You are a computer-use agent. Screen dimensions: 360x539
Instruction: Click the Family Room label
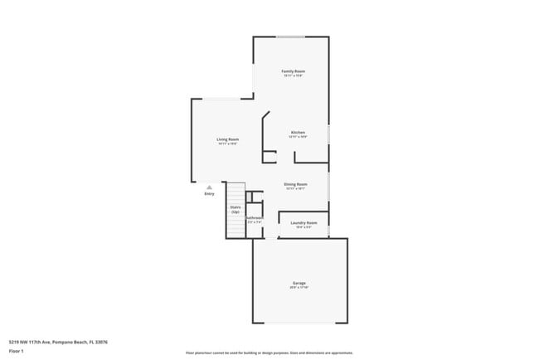(293, 71)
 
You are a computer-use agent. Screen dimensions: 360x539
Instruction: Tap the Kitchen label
(299, 133)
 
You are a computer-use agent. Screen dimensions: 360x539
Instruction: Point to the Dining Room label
(296, 184)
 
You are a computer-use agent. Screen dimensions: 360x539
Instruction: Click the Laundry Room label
(301, 222)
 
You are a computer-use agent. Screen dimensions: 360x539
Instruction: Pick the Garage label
(299, 283)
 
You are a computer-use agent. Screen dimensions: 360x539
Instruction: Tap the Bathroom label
(254, 217)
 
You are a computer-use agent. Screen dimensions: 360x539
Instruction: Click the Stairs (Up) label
(236, 210)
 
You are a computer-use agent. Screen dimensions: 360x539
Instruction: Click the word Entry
(209, 193)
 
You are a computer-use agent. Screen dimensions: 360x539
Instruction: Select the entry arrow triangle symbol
(209, 187)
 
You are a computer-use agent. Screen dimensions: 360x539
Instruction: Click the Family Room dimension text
(293, 76)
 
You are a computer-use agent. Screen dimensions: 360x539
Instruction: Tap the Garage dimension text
(299, 288)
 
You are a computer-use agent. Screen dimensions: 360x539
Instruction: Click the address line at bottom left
(58, 341)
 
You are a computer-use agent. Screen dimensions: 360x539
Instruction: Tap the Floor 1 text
(17, 351)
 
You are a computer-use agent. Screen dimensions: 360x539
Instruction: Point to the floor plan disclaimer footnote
(269, 352)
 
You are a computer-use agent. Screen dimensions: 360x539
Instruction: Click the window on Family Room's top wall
(290, 36)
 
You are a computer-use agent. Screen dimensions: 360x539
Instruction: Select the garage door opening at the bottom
(299, 323)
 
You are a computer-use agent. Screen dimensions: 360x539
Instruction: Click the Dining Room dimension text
(296, 189)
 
